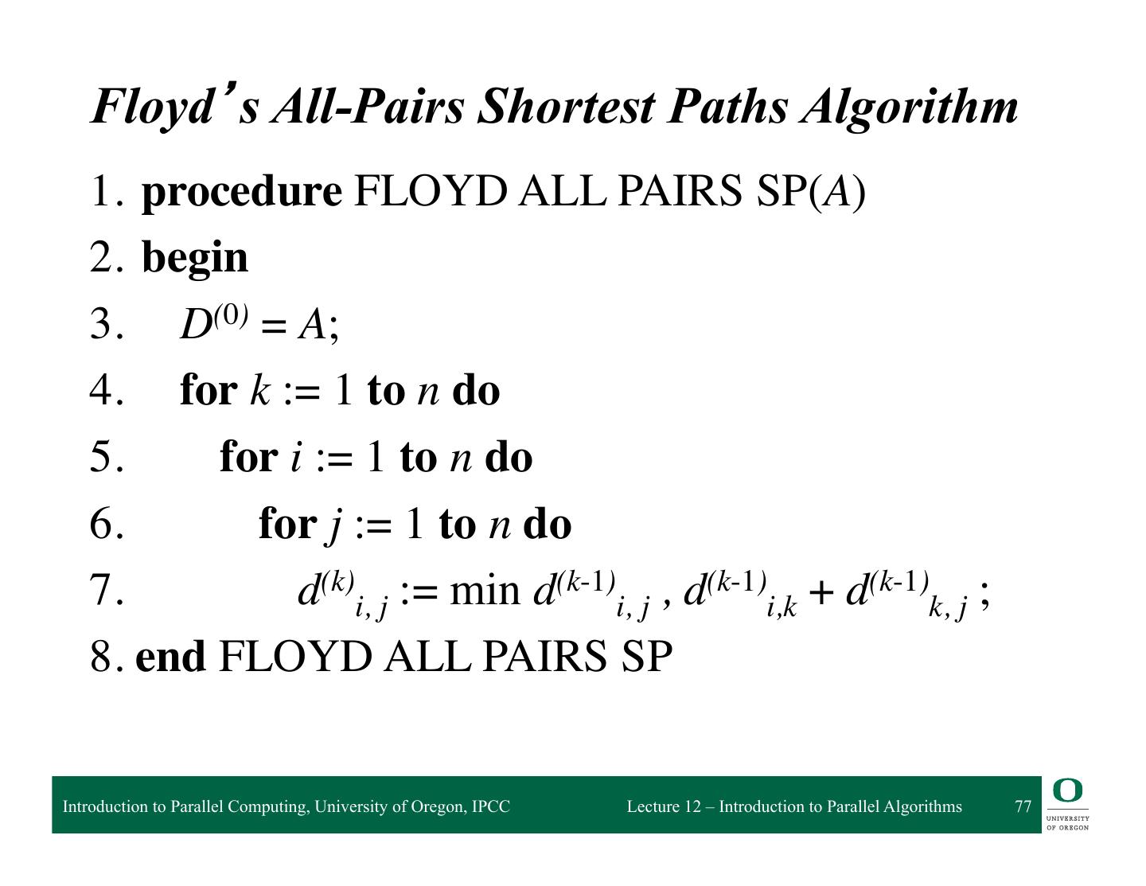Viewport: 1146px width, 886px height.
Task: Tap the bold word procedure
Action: (x=241, y=192)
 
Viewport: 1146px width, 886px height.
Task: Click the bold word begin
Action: (x=195, y=259)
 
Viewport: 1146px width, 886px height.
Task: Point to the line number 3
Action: (x=107, y=325)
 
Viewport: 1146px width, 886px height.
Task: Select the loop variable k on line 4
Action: (x=259, y=391)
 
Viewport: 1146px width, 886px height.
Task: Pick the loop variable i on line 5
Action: (x=296, y=458)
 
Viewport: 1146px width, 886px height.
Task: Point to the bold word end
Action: (x=170, y=658)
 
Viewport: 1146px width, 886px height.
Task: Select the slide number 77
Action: (x=1023, y=806)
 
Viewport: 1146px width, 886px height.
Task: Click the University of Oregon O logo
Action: (x=1067, y=791)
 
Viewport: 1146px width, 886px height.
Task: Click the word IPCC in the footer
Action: (x=490, y=806)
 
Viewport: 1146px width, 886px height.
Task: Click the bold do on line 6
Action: (x=547, y=525)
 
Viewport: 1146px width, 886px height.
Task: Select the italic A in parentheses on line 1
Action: (x=837, y=192)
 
